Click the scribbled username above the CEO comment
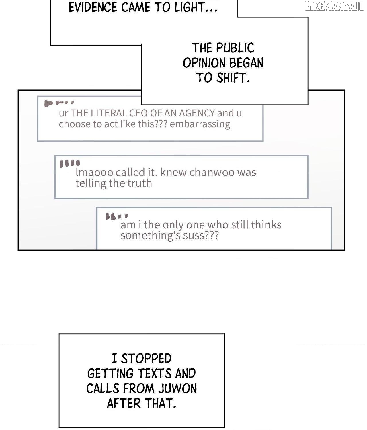[x=59, y=103]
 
